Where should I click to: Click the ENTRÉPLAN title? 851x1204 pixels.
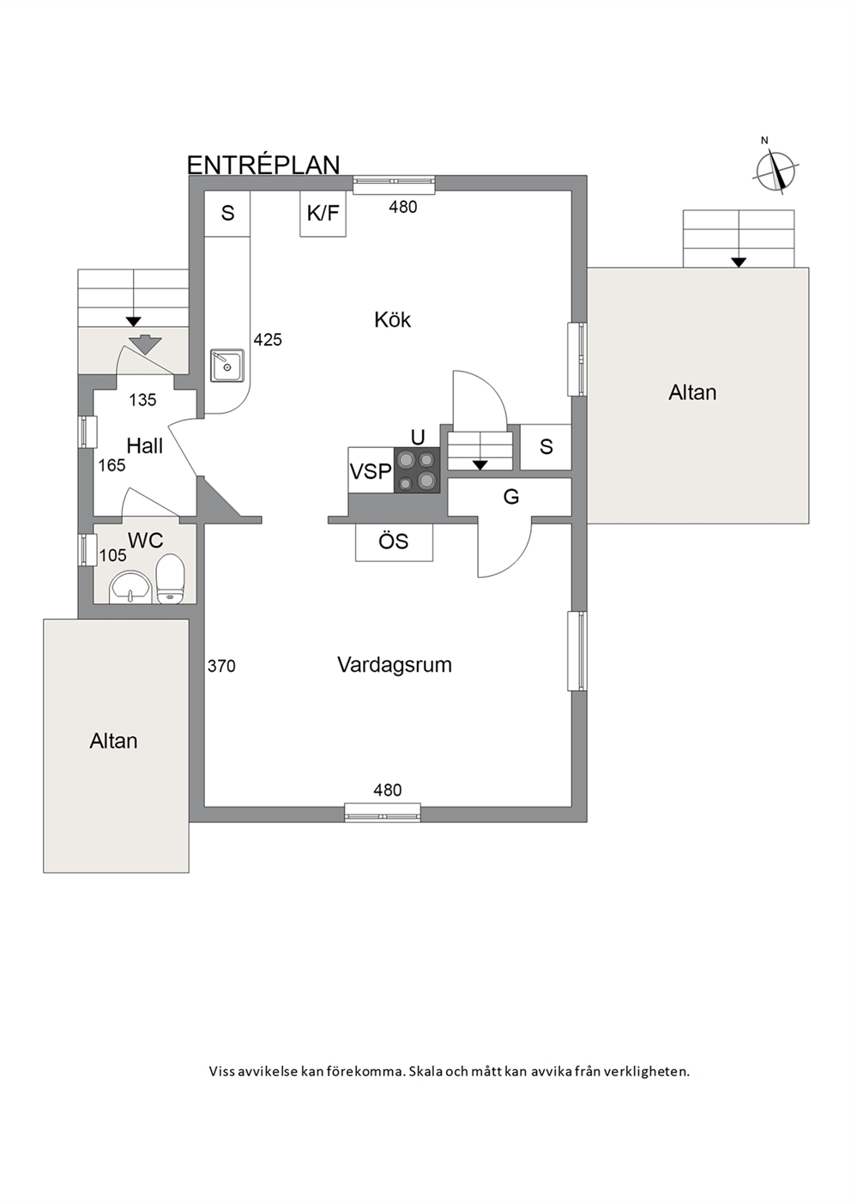click(263, 165)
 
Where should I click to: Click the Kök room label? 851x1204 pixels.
click(393, 320)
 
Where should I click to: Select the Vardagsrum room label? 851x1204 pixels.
click(395, 665)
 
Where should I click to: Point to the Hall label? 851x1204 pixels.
click(144, 445)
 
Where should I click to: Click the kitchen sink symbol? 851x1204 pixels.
click(227, 366)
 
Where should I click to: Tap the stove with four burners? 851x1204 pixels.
click(417, 470)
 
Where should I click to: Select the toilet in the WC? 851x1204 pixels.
click(171, 579)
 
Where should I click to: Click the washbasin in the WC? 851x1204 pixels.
click(130, 588)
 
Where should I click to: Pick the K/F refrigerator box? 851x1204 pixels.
click(323, 214)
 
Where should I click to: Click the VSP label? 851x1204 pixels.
click(371, 471)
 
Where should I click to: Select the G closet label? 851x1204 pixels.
click(511, 497)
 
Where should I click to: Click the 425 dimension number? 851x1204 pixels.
click(268, 340)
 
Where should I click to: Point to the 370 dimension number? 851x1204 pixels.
click(221, 667)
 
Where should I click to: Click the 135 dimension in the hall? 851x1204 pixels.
click(142, 400)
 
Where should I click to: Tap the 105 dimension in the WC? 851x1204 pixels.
click(113, 555)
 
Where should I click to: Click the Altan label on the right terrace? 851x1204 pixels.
click(692, 392)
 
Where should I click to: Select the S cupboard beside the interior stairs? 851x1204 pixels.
click(546, 446)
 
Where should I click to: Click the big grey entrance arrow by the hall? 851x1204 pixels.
click(144, 344)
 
